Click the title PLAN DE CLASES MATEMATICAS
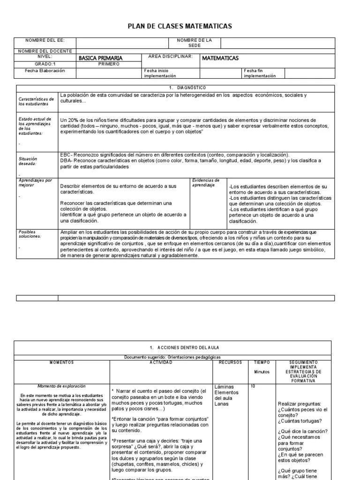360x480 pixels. pyautogui.click(x=180, y=26)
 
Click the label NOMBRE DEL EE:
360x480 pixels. pyautogui.click(x=45, y=40)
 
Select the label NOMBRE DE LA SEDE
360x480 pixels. pyautogui.click(x=194, y=43)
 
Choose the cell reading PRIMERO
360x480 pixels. pyautogui.click(x=109, y=64)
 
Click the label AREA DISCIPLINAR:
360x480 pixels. pyautogui.click(x=170, y=56)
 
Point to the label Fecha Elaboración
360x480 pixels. pyautogui.click(x=45, y=71)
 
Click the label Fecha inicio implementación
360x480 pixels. pyautogui.click(x=160, y=73)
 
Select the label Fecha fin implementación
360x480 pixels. pyautogui.click(x=260, y=73)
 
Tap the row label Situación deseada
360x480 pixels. pyautogui.click(x=29, y=161)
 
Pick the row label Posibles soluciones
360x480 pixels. pyautogui.click(x=30, y=234)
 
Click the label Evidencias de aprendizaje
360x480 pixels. pyautogui.click(x=207, y=183)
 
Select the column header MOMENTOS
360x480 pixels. pyautogui.click(x=61, y=362)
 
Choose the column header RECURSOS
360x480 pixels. pyautogui.click(x=230, y=362)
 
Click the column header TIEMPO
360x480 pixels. pyautogui.click(x=262, y=362)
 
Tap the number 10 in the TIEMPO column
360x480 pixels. pyautogui.click(x=253, y=386)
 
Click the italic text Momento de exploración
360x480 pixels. pyautogui.click(x=62, y=386)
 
